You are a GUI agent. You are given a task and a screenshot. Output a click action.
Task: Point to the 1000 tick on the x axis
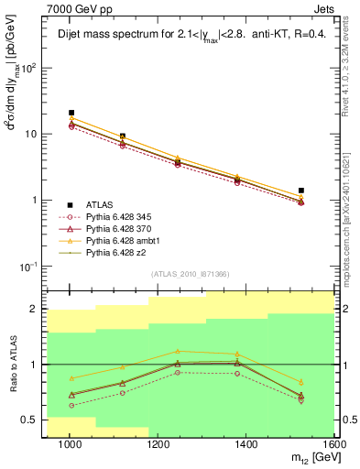(x=70, y=444)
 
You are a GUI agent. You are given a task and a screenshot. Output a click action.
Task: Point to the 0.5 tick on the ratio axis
(x=32, y=420)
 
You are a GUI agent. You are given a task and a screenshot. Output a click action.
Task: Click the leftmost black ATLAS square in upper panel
(x=71, y=113)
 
